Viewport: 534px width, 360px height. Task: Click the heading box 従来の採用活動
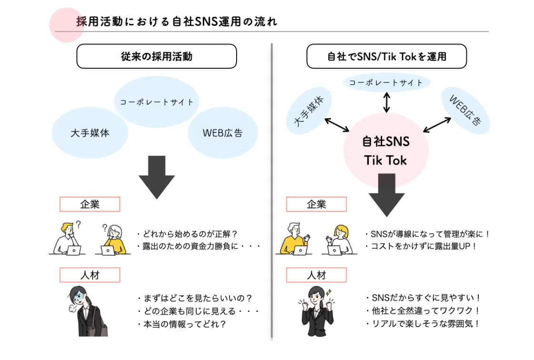157,56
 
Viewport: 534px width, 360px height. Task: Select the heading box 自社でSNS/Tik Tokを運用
386,56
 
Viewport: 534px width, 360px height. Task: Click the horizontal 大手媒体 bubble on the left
90,133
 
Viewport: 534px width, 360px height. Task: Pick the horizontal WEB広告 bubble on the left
223,133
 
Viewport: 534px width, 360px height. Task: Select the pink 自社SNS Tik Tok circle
386,150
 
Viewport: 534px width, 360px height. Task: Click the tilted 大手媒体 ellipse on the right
309,110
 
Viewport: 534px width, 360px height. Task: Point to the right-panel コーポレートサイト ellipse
386,83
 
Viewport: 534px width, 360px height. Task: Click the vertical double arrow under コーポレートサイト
386,102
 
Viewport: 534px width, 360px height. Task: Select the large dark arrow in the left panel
157,177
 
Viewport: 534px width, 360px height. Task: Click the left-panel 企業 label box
89,204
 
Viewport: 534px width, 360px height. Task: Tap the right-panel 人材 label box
316,275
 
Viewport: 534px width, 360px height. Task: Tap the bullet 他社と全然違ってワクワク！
423,311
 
